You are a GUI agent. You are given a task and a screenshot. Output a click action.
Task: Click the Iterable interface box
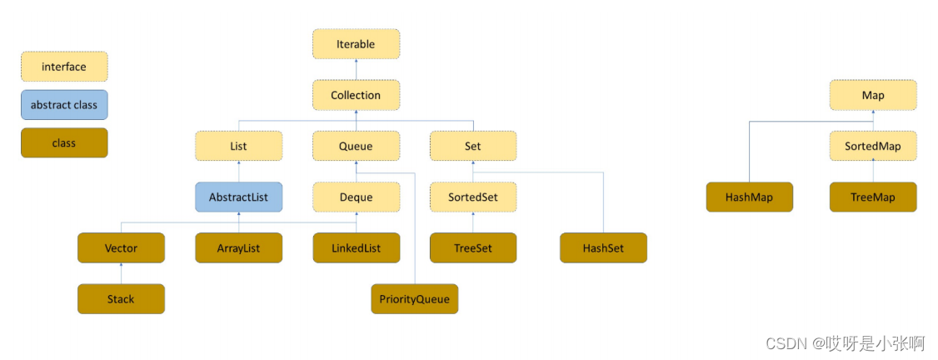pyautogui.click(x=356, y=44)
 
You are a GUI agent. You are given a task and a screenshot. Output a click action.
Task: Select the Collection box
pyautogui.click(x=356, y=95)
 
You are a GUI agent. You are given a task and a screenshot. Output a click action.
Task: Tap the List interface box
pyautogui.click(x=239, y=146)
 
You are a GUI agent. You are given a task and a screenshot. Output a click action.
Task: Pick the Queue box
pyautogui.click(x=356, y=146)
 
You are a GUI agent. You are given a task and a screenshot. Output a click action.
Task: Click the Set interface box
pyautogui.click(x=473, y=146)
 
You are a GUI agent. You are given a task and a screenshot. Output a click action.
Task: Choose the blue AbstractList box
pyautogui.click(x=239, y=197)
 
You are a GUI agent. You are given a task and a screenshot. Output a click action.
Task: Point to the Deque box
pyautogui.click(x=356, y=197)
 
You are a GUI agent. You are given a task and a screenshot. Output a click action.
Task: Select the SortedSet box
pyautogui.click(x=473, y=197)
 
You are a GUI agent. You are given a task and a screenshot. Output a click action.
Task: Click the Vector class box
pyautogui.click(x=122, y=247)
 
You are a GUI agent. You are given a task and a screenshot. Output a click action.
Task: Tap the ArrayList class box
pyautogui.click(x=239, y=247)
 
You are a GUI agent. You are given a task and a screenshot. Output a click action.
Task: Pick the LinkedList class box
pyautogui.click(x=356, y=247)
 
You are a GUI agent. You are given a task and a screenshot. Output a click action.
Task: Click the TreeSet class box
pyautogui.click(x=473, y=247)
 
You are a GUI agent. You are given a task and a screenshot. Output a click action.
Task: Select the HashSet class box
pyautogui.click(x=604, y=247)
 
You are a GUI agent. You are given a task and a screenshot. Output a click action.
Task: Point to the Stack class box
pyautogui.click(x=122, y=298)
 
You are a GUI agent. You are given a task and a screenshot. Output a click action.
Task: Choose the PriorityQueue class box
pyautogui.click(x=415, y=298)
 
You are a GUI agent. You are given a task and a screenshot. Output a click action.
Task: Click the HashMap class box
pyautogui.click(x=750, y=197)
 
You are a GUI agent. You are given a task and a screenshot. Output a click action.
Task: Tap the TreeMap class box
pyautogui.click(x=873, y=197)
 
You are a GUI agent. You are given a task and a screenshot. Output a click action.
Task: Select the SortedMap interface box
pyautogui.click(x=873, y=146)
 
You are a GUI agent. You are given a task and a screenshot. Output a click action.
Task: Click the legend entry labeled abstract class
pyautogui.click(x=64, y=105)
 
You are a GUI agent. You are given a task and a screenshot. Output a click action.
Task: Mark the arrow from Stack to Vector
pyautogui.click(x=122, y=273)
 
